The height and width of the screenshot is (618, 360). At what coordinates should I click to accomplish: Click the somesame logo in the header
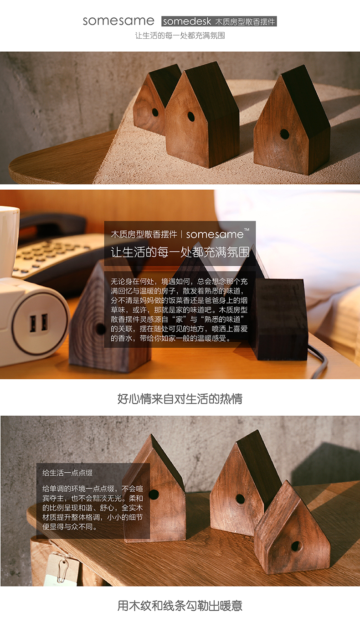[x=118, y=21]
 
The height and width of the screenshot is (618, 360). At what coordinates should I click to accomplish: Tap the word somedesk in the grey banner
[x=187, y=21]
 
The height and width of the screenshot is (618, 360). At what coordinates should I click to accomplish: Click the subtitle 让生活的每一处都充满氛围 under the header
[x=180, y=36]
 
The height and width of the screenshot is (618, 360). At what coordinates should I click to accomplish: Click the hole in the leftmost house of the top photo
[x=155, y=112]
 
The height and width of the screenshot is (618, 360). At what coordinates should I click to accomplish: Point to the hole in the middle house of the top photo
[x=191, y=116]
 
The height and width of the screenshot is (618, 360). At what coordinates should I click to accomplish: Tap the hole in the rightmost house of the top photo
[x=284, y=134]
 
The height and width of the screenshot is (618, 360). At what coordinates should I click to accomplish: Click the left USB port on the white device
[x=33, y=323]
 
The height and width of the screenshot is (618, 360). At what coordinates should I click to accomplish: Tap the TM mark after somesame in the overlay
[x=247, y=230]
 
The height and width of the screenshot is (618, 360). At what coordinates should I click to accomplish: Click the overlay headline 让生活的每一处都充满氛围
[x=180, y=252]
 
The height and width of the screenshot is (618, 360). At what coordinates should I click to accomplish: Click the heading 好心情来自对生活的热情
[x=180, y=399]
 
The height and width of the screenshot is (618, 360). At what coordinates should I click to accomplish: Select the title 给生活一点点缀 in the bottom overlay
[x=67, y=473]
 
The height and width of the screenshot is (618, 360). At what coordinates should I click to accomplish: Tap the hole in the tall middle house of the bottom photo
[x=240, y=499]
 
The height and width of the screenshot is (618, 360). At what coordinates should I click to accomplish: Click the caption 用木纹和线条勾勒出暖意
[x=180, y=606]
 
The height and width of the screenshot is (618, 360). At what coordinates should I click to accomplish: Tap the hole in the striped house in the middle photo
[x=100, y=329]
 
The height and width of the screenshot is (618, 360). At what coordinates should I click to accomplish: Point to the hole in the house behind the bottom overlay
[x=154, y=494]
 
